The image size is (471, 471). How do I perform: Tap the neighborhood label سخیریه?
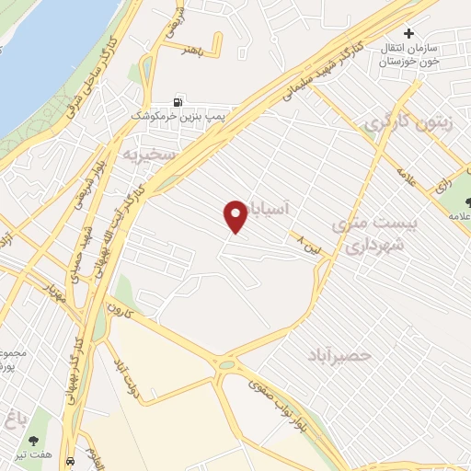(x=151, y=155)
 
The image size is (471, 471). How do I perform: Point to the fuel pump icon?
(x=179, y=101)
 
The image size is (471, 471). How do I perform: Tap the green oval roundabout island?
(x=226, y=365)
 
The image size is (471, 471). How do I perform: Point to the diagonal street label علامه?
(x=407, y=175)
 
